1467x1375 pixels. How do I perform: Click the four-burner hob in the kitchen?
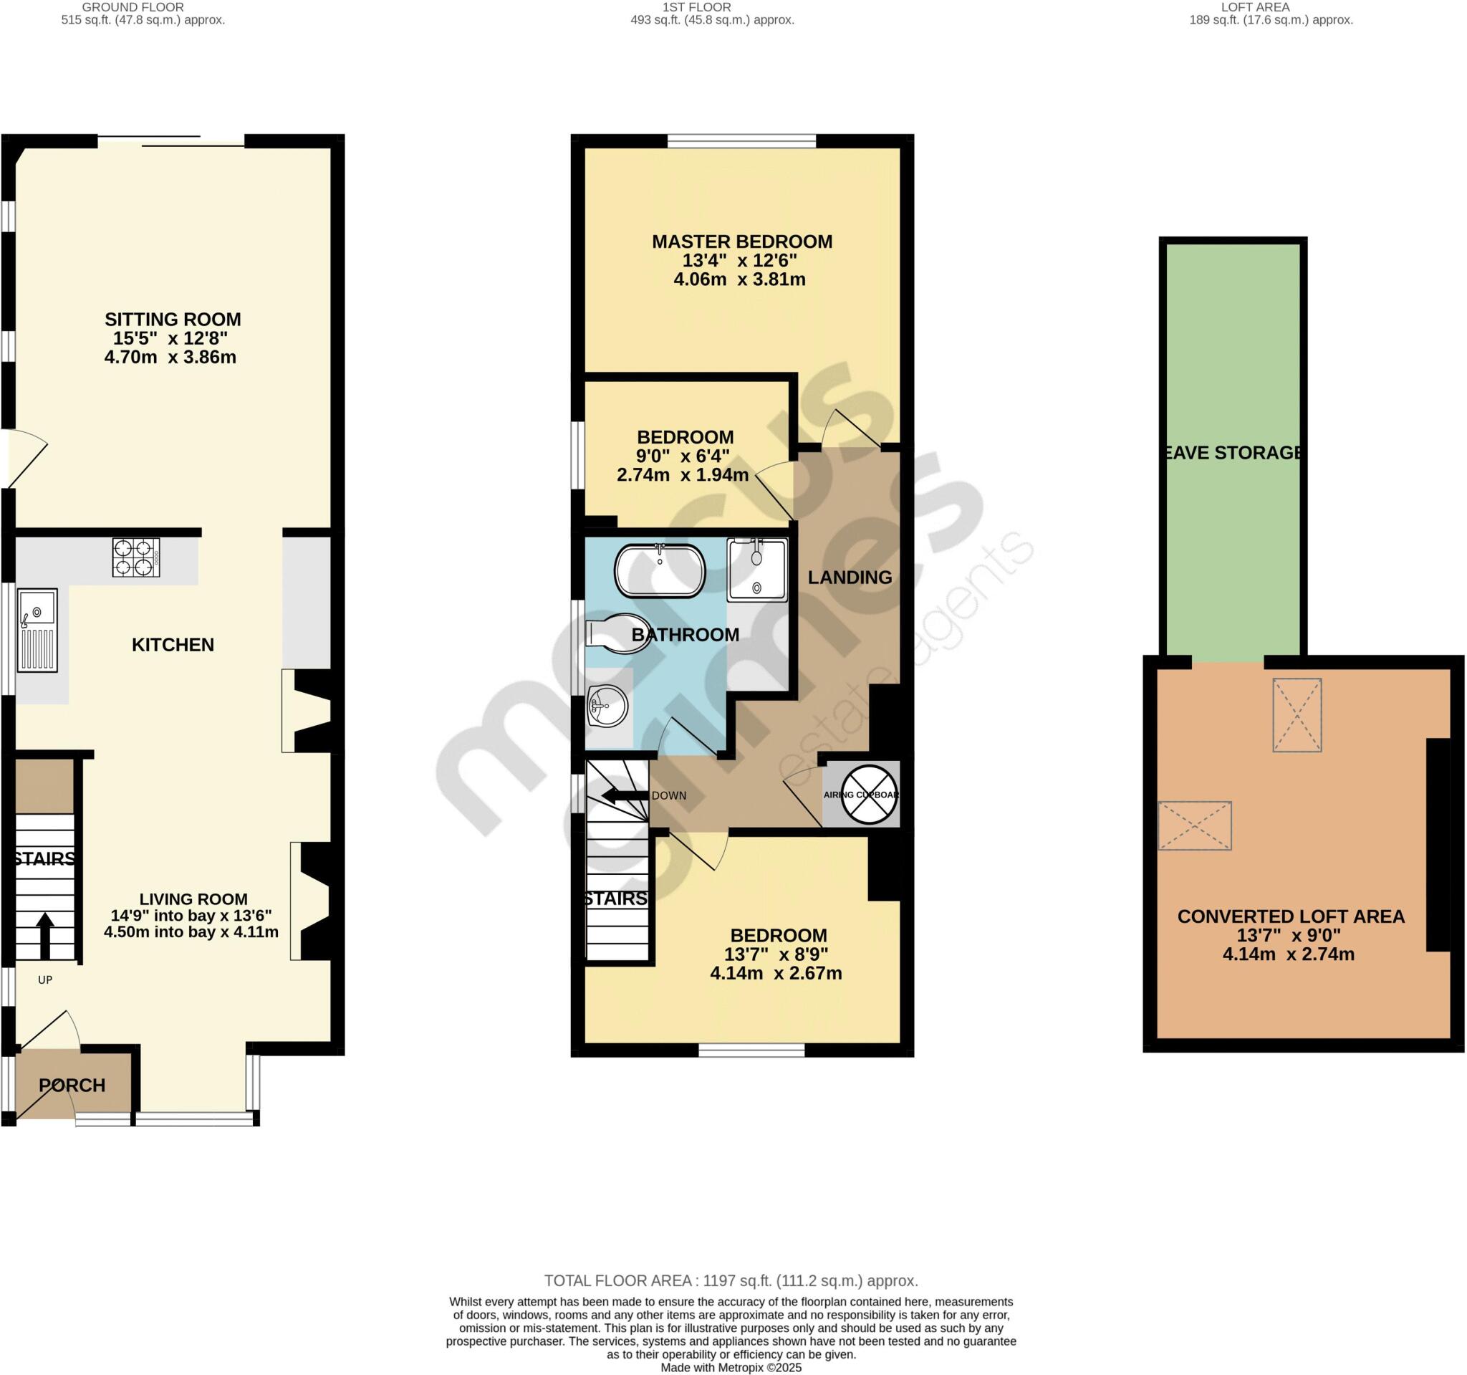click(136, 557)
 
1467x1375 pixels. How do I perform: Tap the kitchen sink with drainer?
click(38, 631)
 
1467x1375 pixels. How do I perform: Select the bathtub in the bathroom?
click(660, 570)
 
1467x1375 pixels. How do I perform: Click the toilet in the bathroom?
click(617, 633)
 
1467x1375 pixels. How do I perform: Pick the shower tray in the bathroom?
click(756, 569)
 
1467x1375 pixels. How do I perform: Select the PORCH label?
click(72, 1085)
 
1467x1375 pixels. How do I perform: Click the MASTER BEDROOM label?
click(741, 241)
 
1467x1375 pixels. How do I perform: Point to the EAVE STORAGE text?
click(1232, 452)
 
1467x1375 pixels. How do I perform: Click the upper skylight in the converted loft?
click(1297, 714)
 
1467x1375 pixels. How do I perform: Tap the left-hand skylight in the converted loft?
click(1195, 825)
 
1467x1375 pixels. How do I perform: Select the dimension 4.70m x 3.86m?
click(170, 358)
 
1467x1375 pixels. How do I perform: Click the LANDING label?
click(850, 578)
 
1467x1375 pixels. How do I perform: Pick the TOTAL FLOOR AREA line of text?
click(731, 1280)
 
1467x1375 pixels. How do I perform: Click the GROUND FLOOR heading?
click(133, 7)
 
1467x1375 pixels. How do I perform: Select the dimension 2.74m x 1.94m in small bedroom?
click(683, 475)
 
